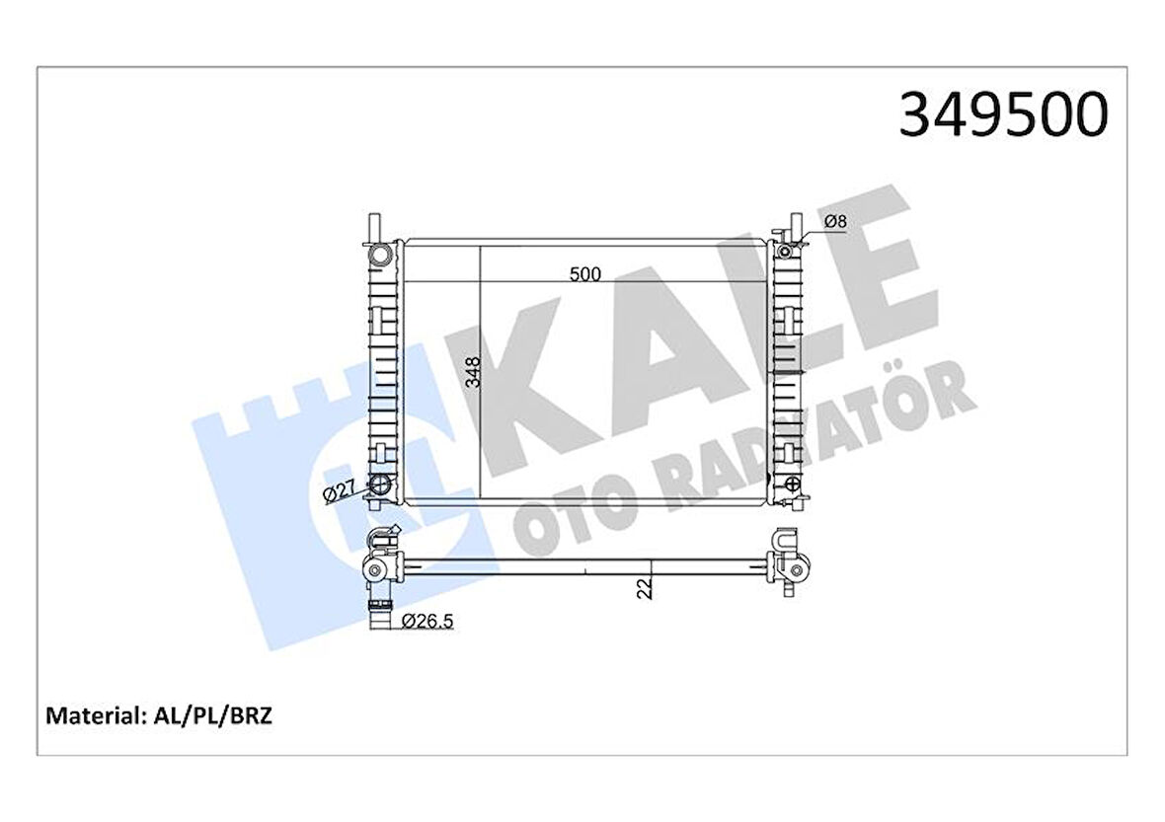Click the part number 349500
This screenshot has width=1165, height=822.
[x=1002, y=116]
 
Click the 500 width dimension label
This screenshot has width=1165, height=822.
[x=585, y=275]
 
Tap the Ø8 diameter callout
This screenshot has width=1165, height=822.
[x=835, y=223]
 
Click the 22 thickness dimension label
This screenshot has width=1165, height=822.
[x=645, y=589]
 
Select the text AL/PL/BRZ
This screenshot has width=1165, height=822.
[x=212, y=714]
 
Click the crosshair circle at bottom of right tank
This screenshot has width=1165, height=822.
[x=790, y=484]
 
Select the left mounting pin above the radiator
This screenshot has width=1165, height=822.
[x=371, y=225]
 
